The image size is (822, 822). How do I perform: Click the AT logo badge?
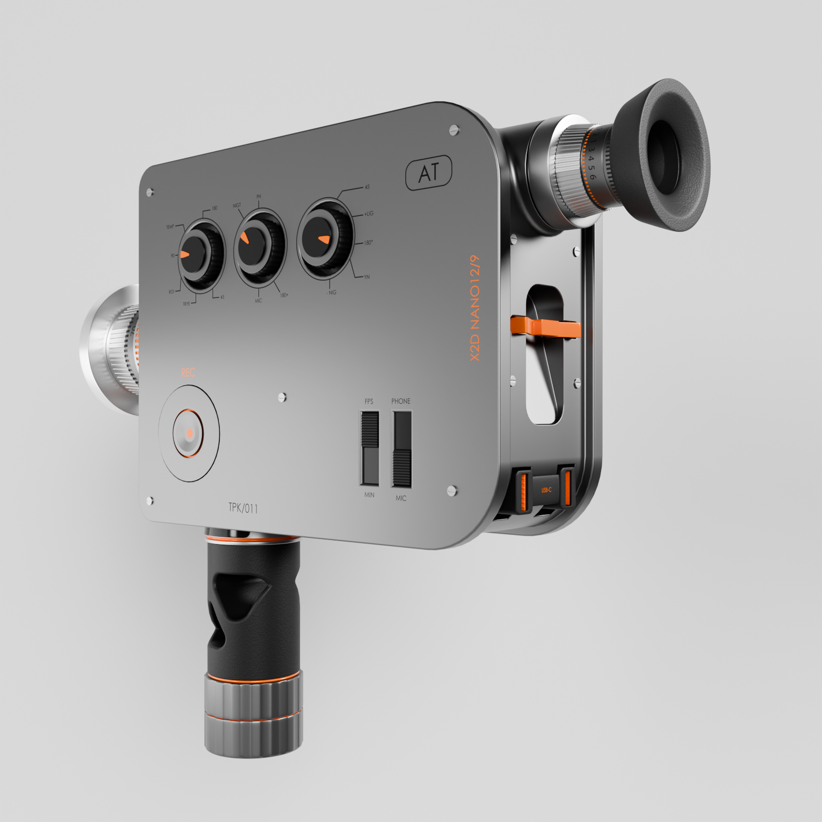tap(429, 173)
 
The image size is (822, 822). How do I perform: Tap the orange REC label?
tap(188, 372)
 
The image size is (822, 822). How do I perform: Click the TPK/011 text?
tap(243, 508)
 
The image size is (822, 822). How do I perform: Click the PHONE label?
tap(401, 401)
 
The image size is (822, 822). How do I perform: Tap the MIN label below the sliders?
tap(369, 495)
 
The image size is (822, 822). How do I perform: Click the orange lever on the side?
tap(545, 327)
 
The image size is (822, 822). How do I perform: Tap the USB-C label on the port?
tap(546, 490)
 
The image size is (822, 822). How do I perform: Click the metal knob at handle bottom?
tap(254, 714)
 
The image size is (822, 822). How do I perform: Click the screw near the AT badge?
tap(454, 129)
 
